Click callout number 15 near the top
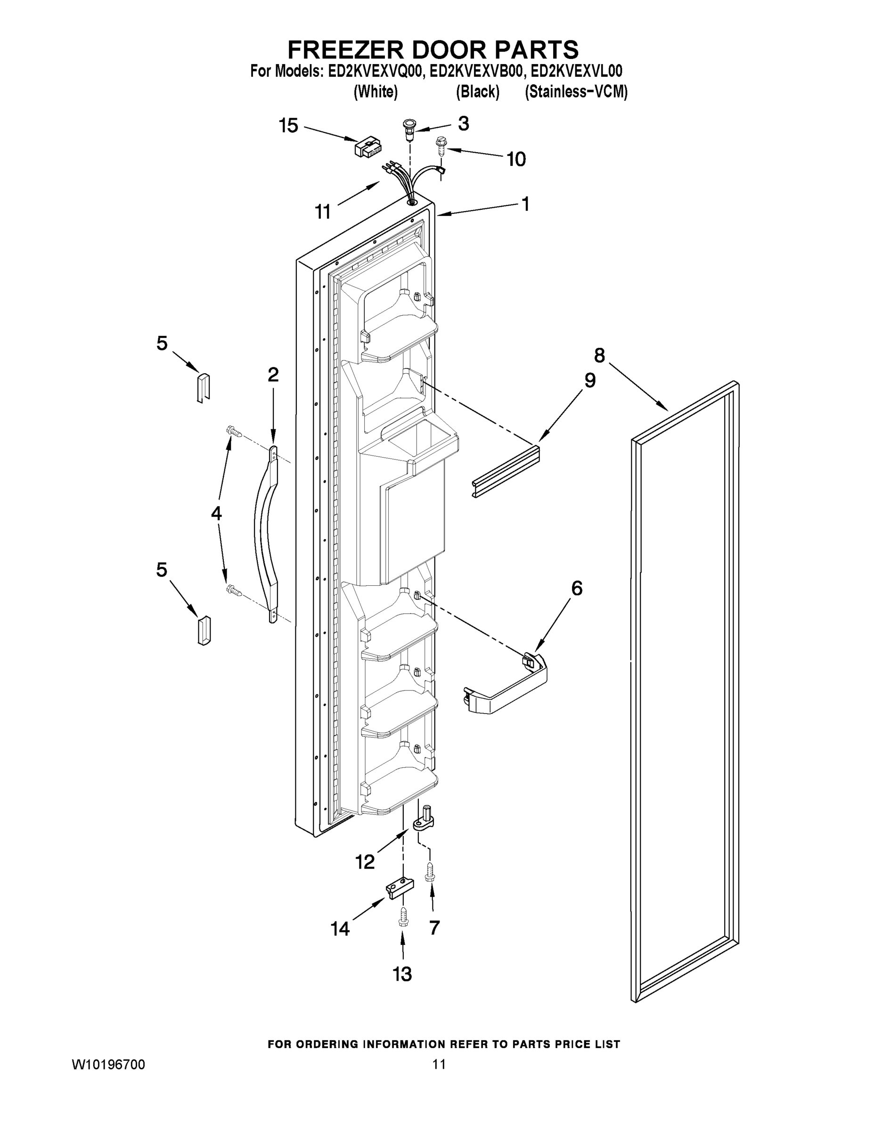[288, 125]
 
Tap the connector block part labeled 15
[367, 148]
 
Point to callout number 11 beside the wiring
[323, 211]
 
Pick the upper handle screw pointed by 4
[234, 431]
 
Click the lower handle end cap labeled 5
[204, 630]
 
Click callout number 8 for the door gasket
[599, 356]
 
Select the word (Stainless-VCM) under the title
[576, 92]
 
